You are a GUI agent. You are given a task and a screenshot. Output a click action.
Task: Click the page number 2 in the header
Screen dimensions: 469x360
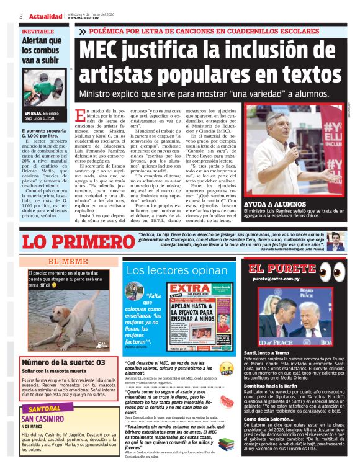[x=21, y=16]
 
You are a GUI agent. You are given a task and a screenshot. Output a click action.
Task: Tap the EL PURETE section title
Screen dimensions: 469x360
[x=281, y=269]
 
